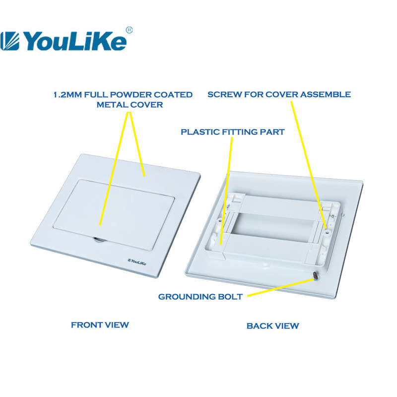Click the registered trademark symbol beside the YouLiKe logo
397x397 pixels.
[x=129, y=30]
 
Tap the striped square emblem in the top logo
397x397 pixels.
[x=9, y=41]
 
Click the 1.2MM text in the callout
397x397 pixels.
[x=67, y=95]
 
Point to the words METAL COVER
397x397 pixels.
[x=130, y=105]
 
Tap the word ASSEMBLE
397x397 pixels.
[x=326, y=94]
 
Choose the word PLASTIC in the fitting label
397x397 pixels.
[x=200, y=132]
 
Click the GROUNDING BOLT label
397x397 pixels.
[x=200, y=296]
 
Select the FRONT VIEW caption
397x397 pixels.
[x=100, y=325]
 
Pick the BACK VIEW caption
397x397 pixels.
[x=272, y=326]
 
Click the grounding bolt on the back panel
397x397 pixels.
[x=316, y=276]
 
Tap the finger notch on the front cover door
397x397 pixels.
[x=99, y=240]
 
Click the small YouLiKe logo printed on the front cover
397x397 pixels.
[x=137, y=262]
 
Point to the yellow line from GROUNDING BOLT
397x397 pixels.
[x=280, y=287]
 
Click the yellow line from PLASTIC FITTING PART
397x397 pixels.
[x=227, y=191]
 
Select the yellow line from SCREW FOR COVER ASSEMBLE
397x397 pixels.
[x=309, y=165]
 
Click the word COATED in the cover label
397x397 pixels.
[x=173, y=95]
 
